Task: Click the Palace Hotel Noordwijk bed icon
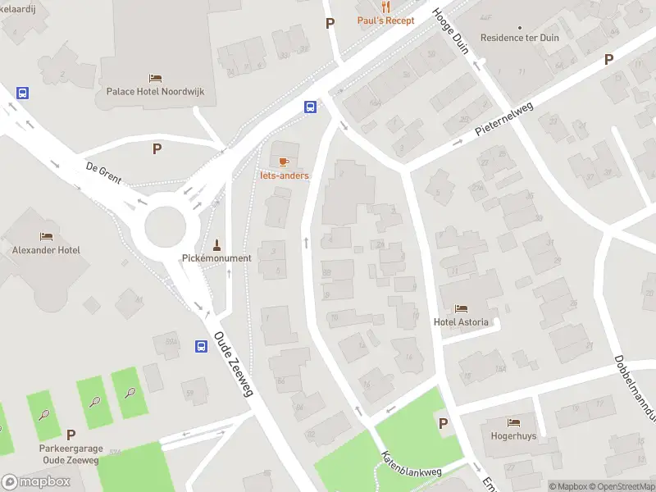tap(155, 78)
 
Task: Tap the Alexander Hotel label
tap(46, 250)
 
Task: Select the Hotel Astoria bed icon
tap(461, 309)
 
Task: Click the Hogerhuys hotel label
tap(513, 436)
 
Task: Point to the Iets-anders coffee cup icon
tap(284, 162)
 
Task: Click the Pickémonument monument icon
tap(216, 244)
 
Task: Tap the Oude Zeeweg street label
tap(234, 364)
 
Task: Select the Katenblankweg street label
tap(411, 464)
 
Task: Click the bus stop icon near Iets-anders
tap(311, 107)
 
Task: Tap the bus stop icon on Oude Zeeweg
tap(201, 346)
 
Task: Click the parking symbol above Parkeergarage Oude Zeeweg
tap(71, 435)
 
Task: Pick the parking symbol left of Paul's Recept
tap(330, 24)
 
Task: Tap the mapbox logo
tap(36, 482)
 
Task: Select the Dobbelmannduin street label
tap(632, 385)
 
